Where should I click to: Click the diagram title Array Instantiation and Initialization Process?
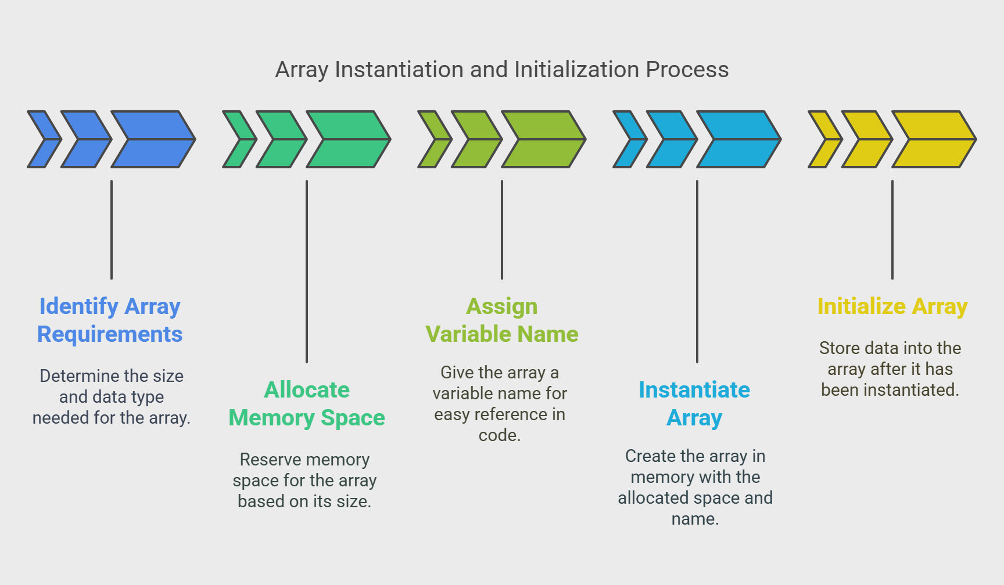pos(502,70)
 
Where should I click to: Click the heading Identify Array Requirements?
pos(110,320)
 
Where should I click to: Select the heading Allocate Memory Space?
pos(307,403)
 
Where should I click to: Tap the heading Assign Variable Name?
pos(502,320)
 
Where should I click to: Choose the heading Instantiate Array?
pos(695,403)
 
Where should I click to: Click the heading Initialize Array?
pos(892,306)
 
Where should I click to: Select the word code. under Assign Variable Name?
pos(500,435)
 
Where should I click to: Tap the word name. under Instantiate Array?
pos(695,519)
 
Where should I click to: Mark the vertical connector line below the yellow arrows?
pos(892,230)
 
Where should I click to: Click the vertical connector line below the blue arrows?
pos(112,230)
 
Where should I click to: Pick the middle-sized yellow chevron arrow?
pos(867,139)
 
